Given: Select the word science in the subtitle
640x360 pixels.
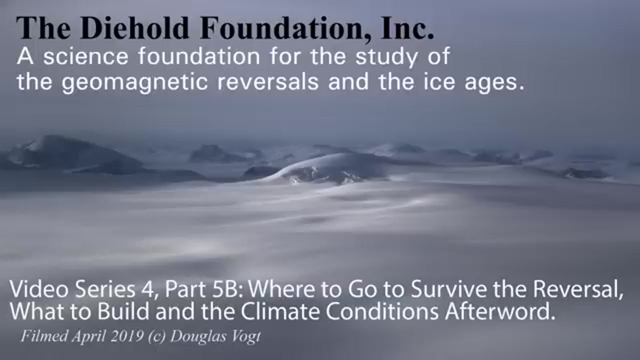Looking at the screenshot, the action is coord(85,56).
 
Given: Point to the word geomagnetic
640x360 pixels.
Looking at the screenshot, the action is coord(134,82).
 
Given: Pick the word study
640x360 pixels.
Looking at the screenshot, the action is coord(386,57).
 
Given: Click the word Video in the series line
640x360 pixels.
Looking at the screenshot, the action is coord(39,289).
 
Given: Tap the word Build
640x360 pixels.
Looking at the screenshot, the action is coord(123,311).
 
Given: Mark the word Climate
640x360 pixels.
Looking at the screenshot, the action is coord(280,311).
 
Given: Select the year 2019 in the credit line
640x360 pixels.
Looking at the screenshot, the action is coord(127,336).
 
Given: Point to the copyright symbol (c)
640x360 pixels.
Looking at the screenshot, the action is coord(157,336).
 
